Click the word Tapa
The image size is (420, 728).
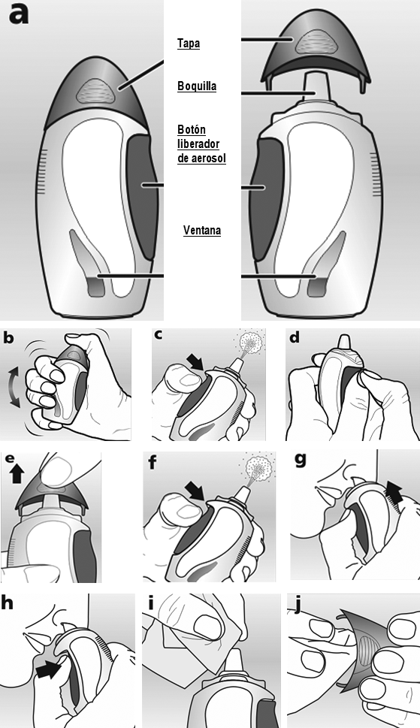pyautogui.click(x=189, y=44)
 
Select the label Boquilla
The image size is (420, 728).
pyautogui.click(x=197, y=86)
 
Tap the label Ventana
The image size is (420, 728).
pyautogui.click(x=202, y=231)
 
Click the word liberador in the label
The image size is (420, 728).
pyautogui.click(x=198, y=144)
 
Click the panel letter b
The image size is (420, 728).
pyautogui.click(x=9, y=337)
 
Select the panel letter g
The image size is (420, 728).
pyautogui.click(x=301, y=460)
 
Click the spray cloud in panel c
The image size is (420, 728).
pyautogui.click(x=251, y=342)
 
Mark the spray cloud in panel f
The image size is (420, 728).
pyautogui.click(x=259, y=467)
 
